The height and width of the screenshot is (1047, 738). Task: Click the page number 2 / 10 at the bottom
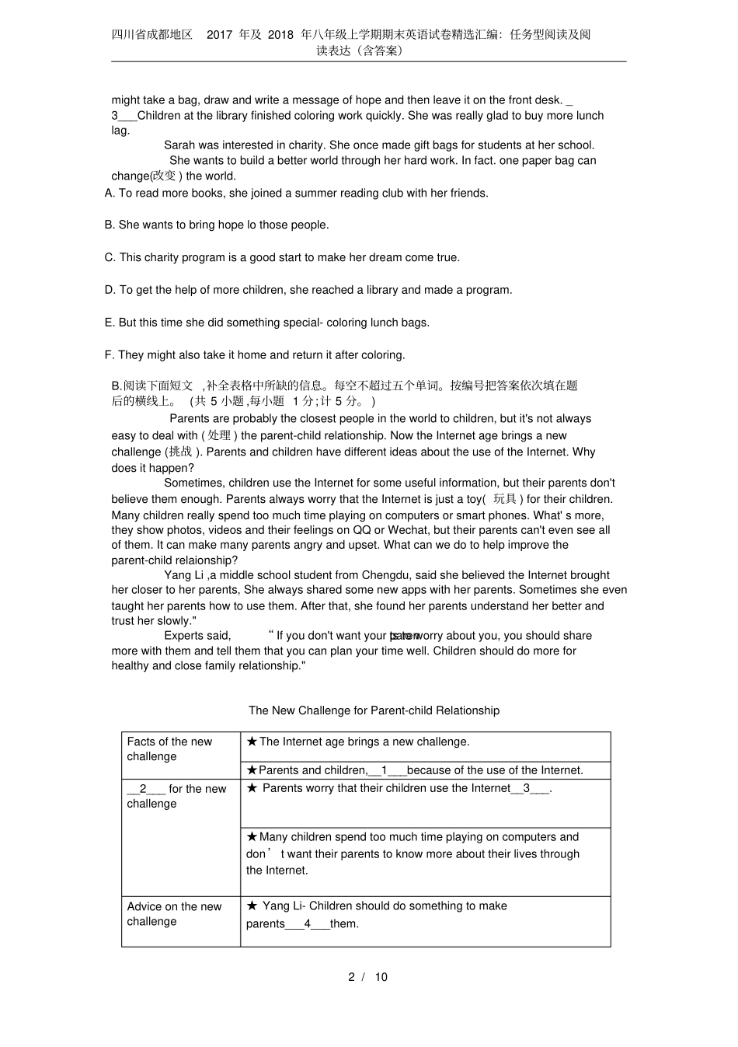click(x=367, y=977)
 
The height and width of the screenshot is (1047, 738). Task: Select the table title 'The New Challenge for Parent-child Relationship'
click(x=374, y=710)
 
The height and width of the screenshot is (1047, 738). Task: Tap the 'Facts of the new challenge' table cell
click(x=169, y=749)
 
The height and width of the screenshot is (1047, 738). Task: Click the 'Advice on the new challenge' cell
click(x=174, y=914)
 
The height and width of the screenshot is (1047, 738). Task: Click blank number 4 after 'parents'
click(x=308, y=924)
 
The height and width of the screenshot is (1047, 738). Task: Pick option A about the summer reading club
click(x=296, y=193)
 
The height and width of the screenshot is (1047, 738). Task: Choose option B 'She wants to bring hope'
click(x=216, y=225)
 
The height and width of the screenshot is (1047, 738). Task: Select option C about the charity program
click(x=282, y=257)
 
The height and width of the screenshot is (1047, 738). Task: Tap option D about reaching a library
click(x=308, y=290)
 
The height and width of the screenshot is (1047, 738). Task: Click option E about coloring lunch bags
click(x=266, y=323)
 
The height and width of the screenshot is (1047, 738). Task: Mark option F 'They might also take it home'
click(x=254, y=355)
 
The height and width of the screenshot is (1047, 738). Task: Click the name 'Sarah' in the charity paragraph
click(x=179, y=145)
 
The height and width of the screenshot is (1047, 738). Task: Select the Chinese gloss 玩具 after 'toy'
click(x=505, y=499)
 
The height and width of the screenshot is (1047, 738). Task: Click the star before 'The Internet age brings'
click(x=252, y=742)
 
